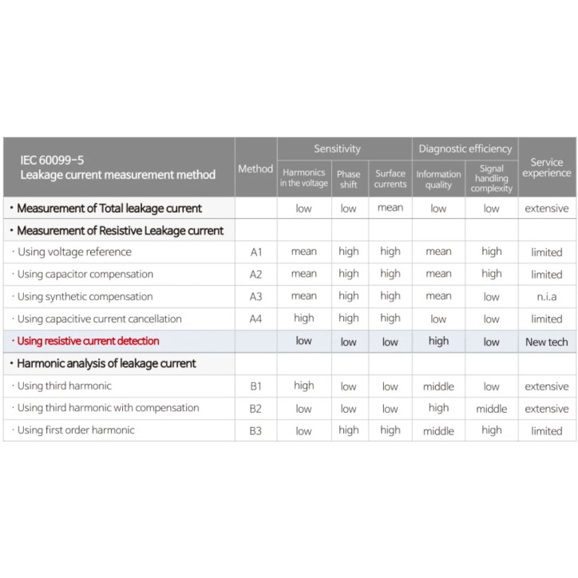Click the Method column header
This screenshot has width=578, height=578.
pos(255,168)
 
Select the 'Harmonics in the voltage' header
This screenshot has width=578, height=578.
pos(303,177)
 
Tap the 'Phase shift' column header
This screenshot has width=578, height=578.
pos(348,179)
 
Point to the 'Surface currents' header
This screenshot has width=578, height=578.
pos(390,179)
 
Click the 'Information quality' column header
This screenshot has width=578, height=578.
pos(438,180)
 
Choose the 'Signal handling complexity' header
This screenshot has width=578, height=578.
pos(491,179)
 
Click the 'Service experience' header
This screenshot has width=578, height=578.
pos(547,168)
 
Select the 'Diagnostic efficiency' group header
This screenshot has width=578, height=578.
pos(465,148)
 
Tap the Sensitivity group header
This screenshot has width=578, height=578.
pos(337,148)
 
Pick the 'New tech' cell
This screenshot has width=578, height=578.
pos(547,342)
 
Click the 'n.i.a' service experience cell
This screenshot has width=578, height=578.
pos(547,297)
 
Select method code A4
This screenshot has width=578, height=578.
pos(255,319)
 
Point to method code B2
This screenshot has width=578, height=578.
pos(255,408)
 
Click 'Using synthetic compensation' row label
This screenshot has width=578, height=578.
pos(85,296)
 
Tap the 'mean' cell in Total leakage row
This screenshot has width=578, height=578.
pos(390,208)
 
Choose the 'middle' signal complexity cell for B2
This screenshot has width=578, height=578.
pos(491,409)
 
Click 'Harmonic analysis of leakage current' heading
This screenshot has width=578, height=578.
pos(106,363)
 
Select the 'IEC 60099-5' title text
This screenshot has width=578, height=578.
pos(54,160)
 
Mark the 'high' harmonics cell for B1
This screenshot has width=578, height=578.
pos(303,386)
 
